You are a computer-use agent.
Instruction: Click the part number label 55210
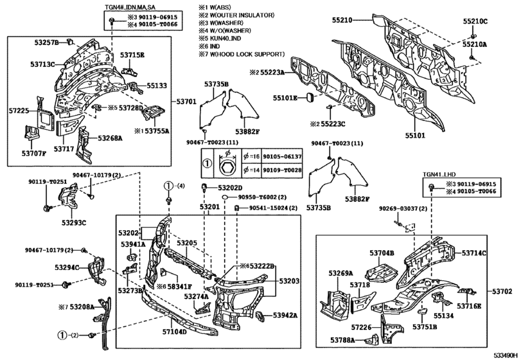point(342,21)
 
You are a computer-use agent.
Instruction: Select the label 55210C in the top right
point(475,21)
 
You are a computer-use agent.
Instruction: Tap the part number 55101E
point(285,98)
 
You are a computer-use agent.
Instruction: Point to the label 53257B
point(47,42)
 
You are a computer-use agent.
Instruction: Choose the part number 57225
point(19,111)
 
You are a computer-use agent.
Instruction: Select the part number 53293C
point(74,223)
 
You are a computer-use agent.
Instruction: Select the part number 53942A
point(284,315)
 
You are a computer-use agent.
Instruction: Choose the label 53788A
point(345,339)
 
